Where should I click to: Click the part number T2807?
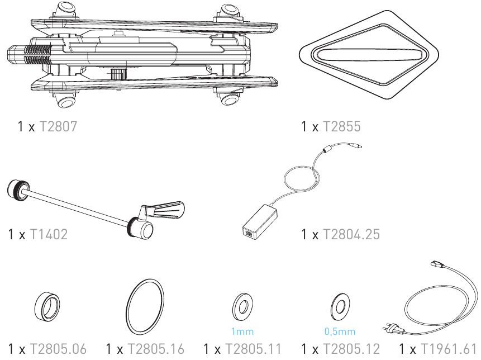click(58, 126)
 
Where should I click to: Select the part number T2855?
click(342, 126)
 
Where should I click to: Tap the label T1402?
click(49, 234)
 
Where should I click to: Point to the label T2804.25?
click(351, 234)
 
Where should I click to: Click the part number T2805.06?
click(58, 349)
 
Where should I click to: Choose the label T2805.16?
click(156, 349)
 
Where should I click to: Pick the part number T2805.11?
click(254, 349)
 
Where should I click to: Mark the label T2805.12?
click(351, 349)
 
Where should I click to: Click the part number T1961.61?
click(449, 349)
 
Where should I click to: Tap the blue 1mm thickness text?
click(242, 331)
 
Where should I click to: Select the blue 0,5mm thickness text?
click(340, 331)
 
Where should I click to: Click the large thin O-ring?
click(127, 307)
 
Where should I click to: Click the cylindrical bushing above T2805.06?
click(47, 307)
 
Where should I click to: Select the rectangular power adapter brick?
click(260, 221)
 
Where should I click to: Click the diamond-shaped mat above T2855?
click(369, 55)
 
